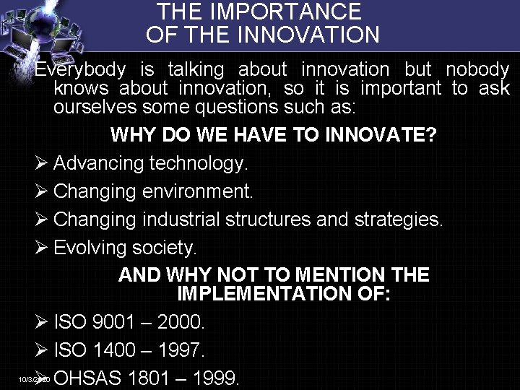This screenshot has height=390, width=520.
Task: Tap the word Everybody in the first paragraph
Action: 79,70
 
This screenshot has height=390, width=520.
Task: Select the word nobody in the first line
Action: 477,70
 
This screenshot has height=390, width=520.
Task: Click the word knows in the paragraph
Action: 77,90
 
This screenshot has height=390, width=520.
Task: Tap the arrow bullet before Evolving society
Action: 41,248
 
